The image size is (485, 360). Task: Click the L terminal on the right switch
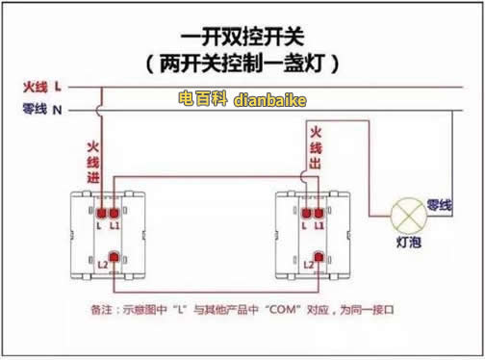pos(306,210)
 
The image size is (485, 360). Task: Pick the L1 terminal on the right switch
pos(319,210)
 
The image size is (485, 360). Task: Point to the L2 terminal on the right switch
pos(319,257)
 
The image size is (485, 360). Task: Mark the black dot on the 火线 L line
pos(100,89)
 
